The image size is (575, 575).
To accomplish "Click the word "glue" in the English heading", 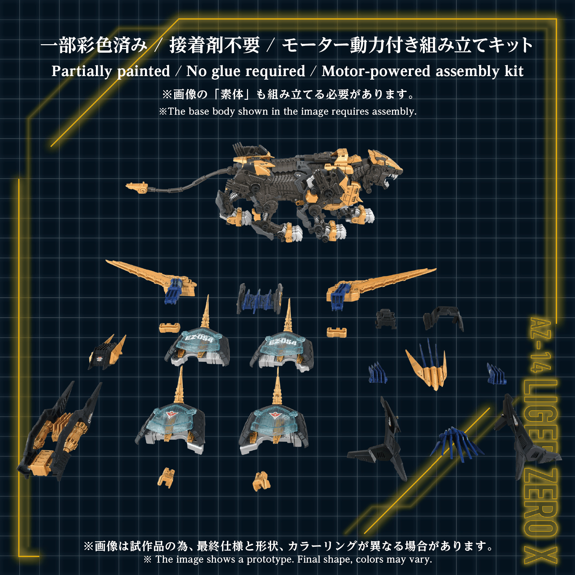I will click(226, 72).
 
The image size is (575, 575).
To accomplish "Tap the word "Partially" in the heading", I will click(82, 72).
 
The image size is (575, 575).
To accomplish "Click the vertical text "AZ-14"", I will click(540, 345).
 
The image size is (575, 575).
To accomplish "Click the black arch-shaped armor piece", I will click(443, 317).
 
